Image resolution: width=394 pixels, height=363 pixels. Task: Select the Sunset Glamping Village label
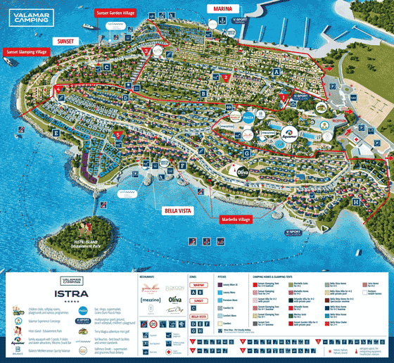click(26, 51)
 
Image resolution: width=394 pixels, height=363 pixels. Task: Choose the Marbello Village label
click(235, 219)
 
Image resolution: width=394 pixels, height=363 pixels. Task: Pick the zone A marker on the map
click(277, 72)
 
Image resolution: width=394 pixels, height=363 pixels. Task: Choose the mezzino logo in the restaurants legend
click(151, 300)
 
